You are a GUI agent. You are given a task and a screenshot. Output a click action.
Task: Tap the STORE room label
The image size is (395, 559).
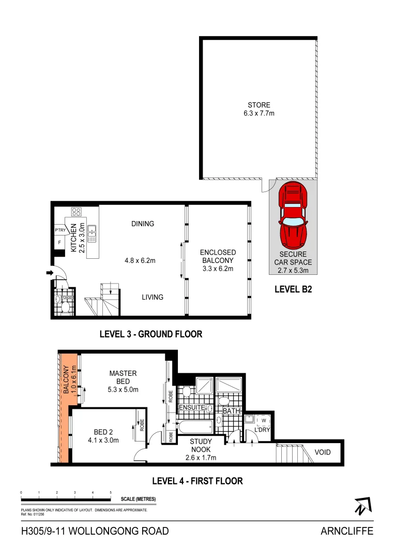(x=259, y=105)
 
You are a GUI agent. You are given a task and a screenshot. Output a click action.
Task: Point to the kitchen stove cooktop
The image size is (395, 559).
(x=76, y=211)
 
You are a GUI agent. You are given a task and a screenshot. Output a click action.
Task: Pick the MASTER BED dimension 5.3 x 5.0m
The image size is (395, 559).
(x=123, y=390)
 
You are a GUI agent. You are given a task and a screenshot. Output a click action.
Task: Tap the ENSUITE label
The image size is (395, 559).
(x=191, y=408)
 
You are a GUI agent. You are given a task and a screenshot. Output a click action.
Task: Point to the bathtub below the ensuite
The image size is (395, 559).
(x=195, y=428)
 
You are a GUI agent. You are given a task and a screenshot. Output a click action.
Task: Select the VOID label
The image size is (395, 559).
(x=323, y=452)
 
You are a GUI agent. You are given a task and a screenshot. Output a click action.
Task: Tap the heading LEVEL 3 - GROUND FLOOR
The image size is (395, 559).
(x=150, y=334)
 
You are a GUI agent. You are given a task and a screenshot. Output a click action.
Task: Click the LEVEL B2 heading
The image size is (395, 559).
(x=293, y=290)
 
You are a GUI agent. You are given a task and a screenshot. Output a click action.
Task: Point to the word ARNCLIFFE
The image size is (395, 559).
(x=347, y=531)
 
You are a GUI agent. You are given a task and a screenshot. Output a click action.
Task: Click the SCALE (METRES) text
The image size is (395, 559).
(x=138, y=499)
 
